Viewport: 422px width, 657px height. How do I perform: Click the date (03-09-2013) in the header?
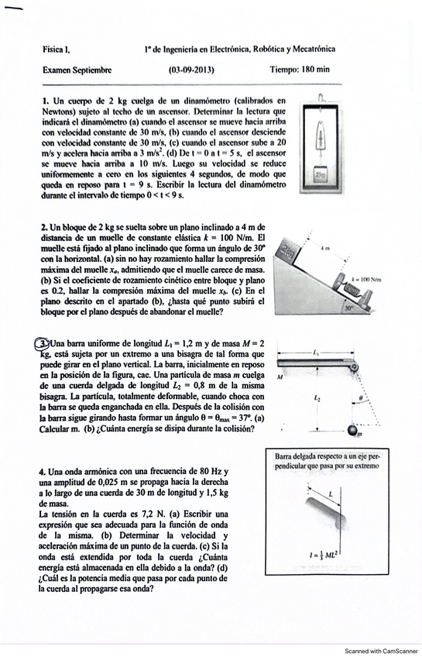point(191,70)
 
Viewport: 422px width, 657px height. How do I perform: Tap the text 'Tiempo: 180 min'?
point(300,69)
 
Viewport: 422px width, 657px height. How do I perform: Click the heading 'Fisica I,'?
point(56,50)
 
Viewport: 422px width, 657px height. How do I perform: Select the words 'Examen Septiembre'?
point(77,70)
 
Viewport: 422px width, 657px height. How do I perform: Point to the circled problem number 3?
point(43,344)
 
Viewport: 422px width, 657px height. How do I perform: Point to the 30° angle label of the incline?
point(348,308)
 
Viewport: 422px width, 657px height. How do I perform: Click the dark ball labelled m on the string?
point(353,430)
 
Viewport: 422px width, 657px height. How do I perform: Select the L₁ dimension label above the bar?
point(316,353)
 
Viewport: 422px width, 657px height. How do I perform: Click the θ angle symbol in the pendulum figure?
point(362,397)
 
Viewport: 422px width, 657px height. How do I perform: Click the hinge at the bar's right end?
point(355,367)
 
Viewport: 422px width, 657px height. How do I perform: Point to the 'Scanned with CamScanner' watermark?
point(381,651)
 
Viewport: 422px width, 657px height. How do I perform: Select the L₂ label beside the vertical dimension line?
point(317,398)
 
